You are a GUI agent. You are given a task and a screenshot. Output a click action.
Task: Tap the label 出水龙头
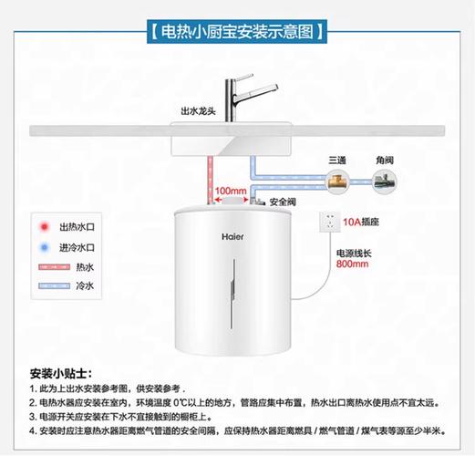coord(198,112)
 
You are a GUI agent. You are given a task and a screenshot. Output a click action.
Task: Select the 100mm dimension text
coord(231,190)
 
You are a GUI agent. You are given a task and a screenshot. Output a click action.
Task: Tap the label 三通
coord(338,160)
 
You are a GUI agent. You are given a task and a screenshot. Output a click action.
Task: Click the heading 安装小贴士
coord(60,374)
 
